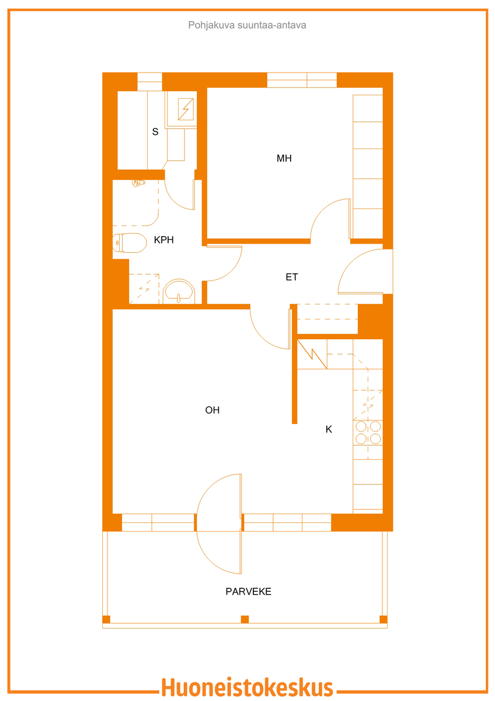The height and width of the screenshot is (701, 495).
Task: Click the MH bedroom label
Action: click(x=284, y=158)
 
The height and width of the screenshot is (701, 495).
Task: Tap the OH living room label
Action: click(x=212, y=410)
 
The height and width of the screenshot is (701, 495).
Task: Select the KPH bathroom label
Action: click(x=163, y=240)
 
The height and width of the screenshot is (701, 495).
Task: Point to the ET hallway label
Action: click(x=292, y=277)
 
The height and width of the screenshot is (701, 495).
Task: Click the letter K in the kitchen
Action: click(x=329, y=429)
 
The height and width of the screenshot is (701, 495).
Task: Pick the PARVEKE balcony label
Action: click(x=249, y=591)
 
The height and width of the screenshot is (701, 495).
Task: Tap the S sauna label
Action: click(x=155, y=132)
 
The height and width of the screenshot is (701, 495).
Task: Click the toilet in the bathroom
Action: click(x=130, y=243)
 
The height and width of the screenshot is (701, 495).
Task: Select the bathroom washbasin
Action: click(x=179, y=290)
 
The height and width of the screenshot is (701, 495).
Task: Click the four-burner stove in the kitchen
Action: click(x=368, y=433)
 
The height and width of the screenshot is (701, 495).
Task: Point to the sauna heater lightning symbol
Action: click(x=186, y=109)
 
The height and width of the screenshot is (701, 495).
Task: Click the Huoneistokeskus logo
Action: click(x=247, y=688)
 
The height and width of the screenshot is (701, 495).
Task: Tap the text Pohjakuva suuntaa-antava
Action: click(x=247, y=25)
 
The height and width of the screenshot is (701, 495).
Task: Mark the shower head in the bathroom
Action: click(x=138, y=183)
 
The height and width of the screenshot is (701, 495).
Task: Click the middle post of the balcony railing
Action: click(x=245, y=619)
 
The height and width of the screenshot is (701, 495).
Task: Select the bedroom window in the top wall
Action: click(x=302, y=80)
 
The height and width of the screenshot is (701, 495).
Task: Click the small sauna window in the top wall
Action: click(x=150, y=82)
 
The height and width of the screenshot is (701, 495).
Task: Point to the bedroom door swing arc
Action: click(x=325, y=211)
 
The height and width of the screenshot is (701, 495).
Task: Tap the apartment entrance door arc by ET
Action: click(x=357, y=266)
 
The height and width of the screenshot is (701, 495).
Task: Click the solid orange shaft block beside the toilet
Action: click(x=121, y=282)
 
